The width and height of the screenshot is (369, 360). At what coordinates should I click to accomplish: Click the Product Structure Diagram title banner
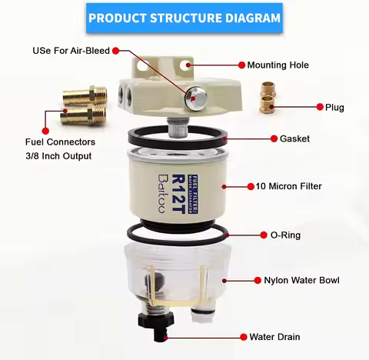[x=184, y=16]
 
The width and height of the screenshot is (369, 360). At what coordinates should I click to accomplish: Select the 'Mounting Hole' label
[x=278, y=66]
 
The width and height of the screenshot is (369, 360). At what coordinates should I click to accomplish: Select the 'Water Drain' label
[x=274, y=337]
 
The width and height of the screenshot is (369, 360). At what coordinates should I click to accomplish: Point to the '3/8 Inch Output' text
[x=58, y=156]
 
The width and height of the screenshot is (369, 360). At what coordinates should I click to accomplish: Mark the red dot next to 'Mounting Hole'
[x=241, y=66]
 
